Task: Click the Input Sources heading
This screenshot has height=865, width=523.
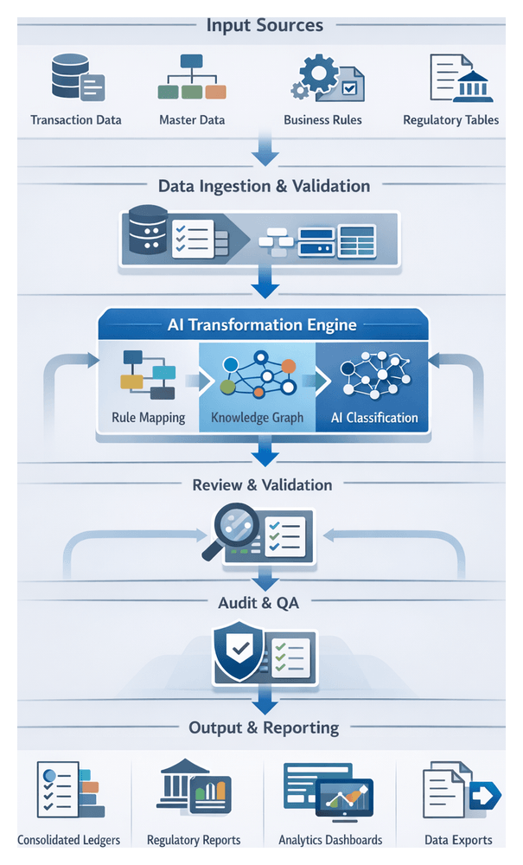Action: [265, 24]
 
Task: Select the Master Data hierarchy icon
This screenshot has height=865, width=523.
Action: [191, 78]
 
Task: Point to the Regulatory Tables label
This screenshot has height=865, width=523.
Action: [450, 120]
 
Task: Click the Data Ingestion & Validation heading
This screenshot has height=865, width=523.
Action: [264, 186]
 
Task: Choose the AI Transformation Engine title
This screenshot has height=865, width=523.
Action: [261, 326]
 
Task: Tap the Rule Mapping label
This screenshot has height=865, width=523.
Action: [149, 418]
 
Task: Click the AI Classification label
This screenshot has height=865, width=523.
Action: [374, 418]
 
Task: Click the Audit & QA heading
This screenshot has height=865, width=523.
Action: [258, 603]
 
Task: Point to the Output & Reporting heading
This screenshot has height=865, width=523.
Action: [264, 727]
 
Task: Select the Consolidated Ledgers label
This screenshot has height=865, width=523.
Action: [68, 839]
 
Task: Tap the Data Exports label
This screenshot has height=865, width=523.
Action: [458, 839]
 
